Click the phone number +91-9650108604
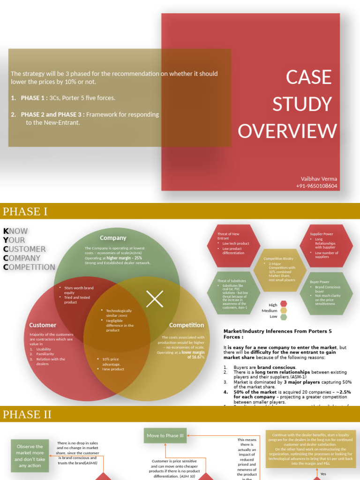point(316,186)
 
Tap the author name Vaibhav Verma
point(319,179)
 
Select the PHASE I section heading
point(25,211)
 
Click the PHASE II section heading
point(27,414)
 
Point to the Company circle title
point(113,238)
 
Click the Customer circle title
point(43,325)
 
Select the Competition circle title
point(187,325)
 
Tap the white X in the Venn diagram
point(155,299)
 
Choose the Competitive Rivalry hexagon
point(280,270)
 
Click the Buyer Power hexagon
point(326,293)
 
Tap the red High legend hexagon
point(284,304)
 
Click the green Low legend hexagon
point(284,317)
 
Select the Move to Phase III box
point(165,435)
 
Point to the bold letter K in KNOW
point(6,231)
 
